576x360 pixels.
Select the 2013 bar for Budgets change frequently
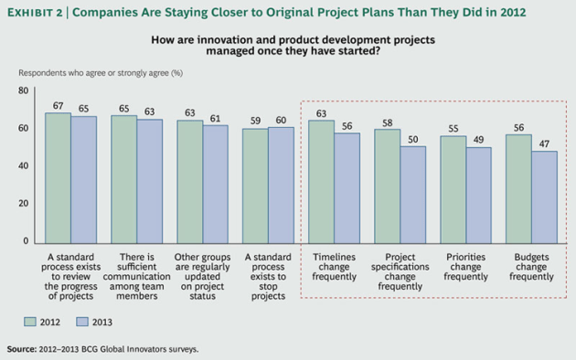pyautogui.click(x=544, y=196)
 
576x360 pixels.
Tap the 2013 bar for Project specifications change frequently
pyautogui.click(x=412, y=193)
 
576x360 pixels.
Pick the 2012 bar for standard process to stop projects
pyautogui.click(x=255, y=185)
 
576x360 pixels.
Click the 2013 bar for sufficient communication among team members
pyautogui.click(x=150, y=180)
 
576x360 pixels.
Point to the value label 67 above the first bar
pyautogui.click(x=58, y=105)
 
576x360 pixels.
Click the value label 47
pyautogui.click(x=544, y=143)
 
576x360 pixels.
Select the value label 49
pyautogui.click(x=478, y=140)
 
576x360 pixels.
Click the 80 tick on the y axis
pyautogui.click(x=24, y=90)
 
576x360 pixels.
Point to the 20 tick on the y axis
pyautogui.click(x=24, y=204)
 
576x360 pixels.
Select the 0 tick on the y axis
pyautogui.click(x=27, y=241)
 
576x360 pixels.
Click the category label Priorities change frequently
pyautogui.click(x=465, y=266)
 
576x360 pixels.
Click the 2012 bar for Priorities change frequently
pyautogui.click(x=453, y=188)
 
